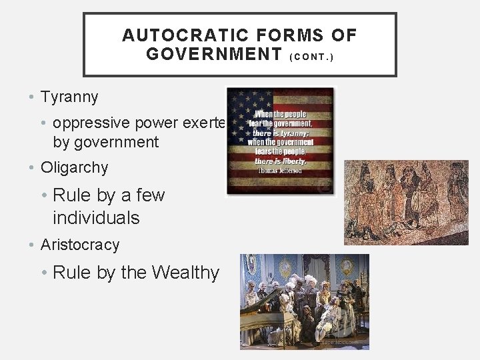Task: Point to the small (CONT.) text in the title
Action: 312,57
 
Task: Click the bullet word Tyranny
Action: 69,97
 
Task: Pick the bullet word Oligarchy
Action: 74,168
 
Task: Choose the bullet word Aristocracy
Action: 80,245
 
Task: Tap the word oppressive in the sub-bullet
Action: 93,123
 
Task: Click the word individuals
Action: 96,218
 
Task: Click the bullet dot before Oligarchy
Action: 33,168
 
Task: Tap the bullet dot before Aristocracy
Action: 33,245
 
